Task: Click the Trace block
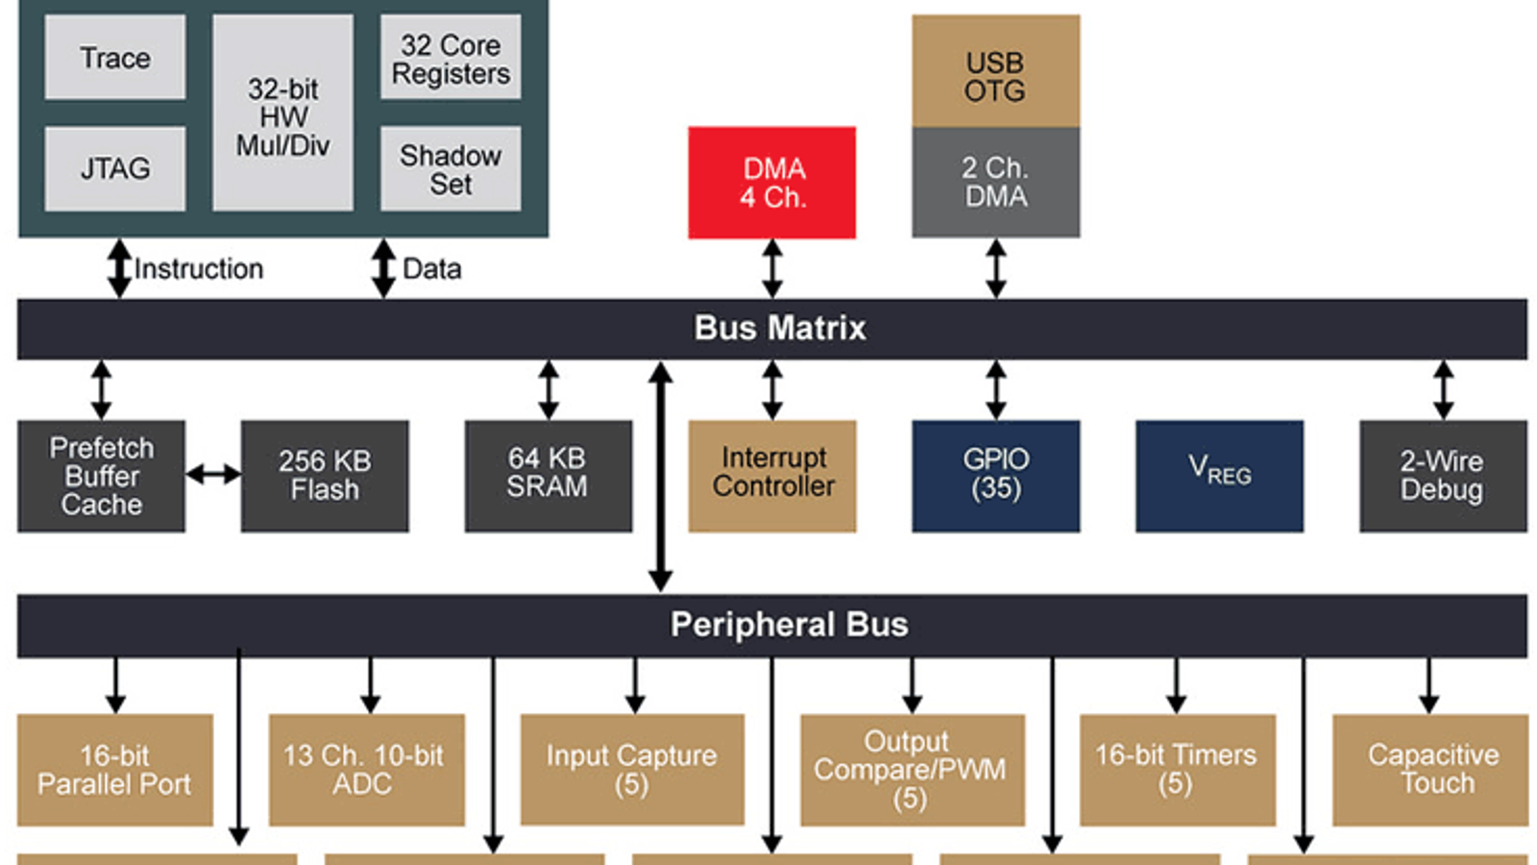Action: coord(115,58)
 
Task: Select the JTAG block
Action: coord(115,169)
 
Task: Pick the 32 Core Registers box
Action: coord(451,58)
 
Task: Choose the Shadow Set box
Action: coord(451,169)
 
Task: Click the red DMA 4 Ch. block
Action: coord(772,183)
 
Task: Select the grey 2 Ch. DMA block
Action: coord(995,183)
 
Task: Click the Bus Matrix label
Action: coord(780,329)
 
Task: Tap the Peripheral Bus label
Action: coord(789,625)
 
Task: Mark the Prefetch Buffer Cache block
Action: coord(101,476)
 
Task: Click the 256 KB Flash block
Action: coord(325,476)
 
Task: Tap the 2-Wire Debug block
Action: coord(1442,476)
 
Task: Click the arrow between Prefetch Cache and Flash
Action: coord(213,474)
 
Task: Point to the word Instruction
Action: coord(199,269)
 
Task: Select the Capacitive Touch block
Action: coord(1430,770)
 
